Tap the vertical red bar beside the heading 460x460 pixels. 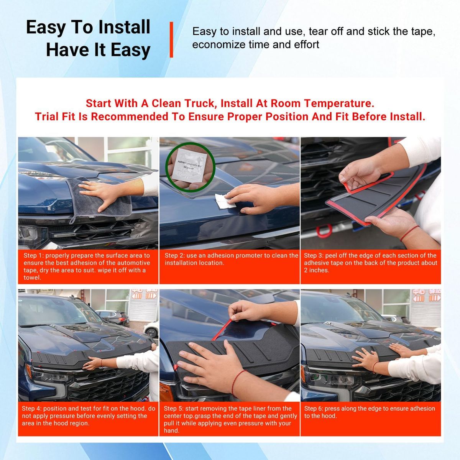click(x=171, y=39)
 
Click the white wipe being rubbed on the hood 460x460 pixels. click(x=224, y=200)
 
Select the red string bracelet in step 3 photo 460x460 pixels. click(x=409, y=233)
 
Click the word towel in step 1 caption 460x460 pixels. click(x=32, y=278)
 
